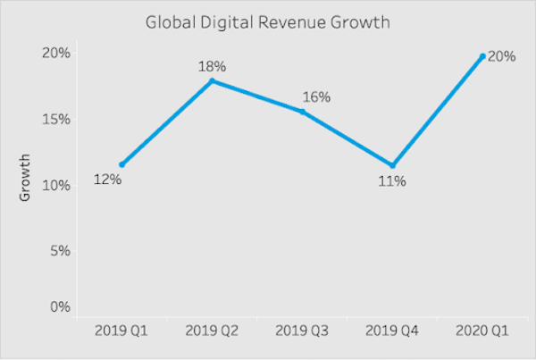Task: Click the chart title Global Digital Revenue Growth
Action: coord(268,21)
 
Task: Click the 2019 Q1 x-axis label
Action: coord(121,331)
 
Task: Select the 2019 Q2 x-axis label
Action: coord(212,331)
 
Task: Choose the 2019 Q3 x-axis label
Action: coord(302,331)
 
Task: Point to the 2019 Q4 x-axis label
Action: coord(392,331)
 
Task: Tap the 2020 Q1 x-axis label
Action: coord(482,331)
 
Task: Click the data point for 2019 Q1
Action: coord(121,164)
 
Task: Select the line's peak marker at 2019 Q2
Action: coord(212,81)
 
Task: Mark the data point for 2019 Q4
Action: coord(392,165)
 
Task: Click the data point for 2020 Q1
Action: coord(482,56)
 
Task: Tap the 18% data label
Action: coord(212,64)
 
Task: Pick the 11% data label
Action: coord(392,181)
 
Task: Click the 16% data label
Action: coord(316,96)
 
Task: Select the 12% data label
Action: coord(107,181)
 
